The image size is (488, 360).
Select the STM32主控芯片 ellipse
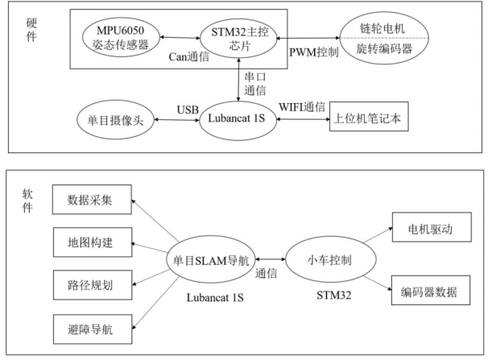click(238, 38)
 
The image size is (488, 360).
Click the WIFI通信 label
click(300, 108)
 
